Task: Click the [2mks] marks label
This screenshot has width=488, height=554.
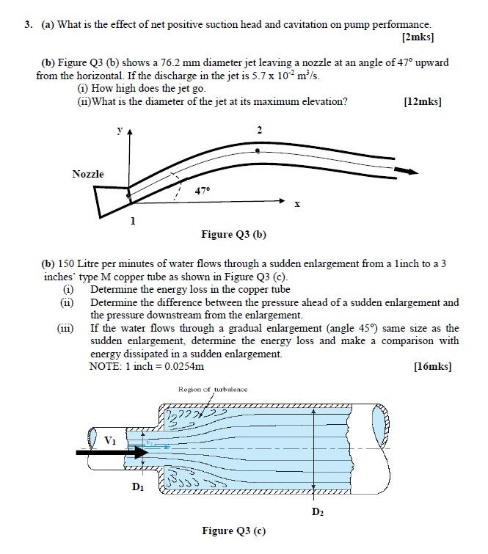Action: point(418,36)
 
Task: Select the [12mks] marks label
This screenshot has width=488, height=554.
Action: point(422,101)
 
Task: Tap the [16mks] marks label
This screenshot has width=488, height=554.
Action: point(432,365)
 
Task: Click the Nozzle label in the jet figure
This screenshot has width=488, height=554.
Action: point(88,174)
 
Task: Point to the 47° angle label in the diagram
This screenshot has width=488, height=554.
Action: point(203,190)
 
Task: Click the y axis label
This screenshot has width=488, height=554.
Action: point(119,130)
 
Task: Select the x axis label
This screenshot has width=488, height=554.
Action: point(296,205)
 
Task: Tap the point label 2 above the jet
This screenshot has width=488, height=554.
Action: point(259,129)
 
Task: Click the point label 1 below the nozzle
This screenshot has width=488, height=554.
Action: point(132,220)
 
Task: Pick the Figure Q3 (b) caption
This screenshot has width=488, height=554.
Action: point(233,235)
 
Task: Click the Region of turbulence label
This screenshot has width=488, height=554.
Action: point(213,389)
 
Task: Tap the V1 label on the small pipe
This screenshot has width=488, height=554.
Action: point(110,440)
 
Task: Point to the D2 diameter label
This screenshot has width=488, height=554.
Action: point(317,511)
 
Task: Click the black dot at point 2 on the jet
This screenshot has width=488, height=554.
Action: point(256,149)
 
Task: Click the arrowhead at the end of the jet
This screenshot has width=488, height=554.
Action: point(412,172)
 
